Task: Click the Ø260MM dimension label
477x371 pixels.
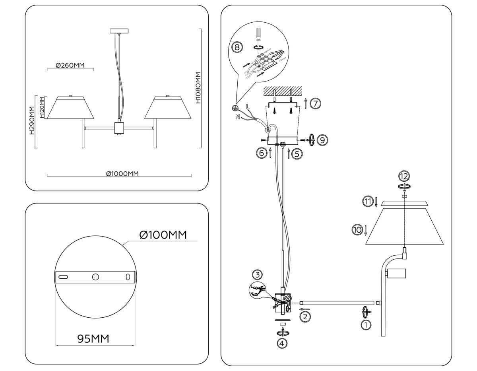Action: point(70,66)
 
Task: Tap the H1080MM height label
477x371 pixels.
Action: point(198,88)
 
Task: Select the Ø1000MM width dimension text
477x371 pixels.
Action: point(119,173)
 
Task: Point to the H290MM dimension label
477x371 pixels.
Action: point(32,121)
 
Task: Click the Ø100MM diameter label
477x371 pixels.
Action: point(163,235)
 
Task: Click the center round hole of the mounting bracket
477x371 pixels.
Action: point(95,277)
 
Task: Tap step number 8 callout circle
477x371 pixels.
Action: point(237,47)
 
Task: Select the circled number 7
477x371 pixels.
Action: point(315,103)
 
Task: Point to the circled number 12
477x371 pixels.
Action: point(404,176)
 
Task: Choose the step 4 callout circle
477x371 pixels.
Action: point(282,344)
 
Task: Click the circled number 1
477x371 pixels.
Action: point(365,325)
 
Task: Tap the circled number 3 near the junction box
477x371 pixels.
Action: point(258,274)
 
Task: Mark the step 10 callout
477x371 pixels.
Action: point(357,229)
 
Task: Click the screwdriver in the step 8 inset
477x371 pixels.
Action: point(258,35)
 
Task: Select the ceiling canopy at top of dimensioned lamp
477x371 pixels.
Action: point(119,31)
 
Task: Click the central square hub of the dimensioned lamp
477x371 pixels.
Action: point(119,128)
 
